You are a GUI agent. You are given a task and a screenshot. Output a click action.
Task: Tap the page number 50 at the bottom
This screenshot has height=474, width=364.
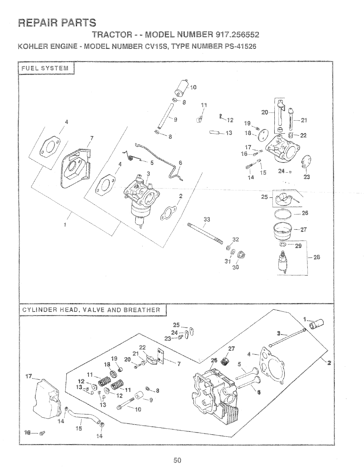click(x=178, y=460)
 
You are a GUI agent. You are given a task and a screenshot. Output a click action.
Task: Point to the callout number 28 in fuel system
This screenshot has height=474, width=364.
click(x=316, y=257)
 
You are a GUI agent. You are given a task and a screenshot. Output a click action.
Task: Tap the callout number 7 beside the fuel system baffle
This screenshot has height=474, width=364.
click(x=91, y=138)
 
